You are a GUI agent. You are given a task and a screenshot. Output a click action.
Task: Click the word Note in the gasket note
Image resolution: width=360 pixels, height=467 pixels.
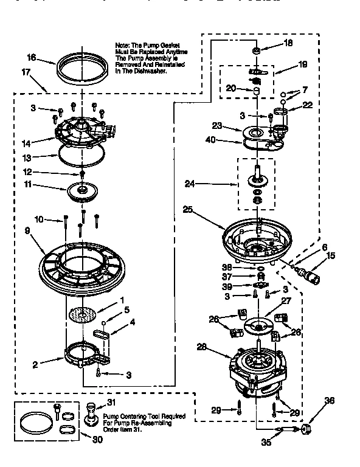pyautogui.click(x=123, y=45)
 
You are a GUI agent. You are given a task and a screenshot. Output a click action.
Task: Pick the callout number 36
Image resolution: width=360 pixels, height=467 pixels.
pyautogui.click(x=330, y=400)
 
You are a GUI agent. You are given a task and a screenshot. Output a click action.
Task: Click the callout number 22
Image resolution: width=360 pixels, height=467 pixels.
pyautogui.click(x=307, y=105)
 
